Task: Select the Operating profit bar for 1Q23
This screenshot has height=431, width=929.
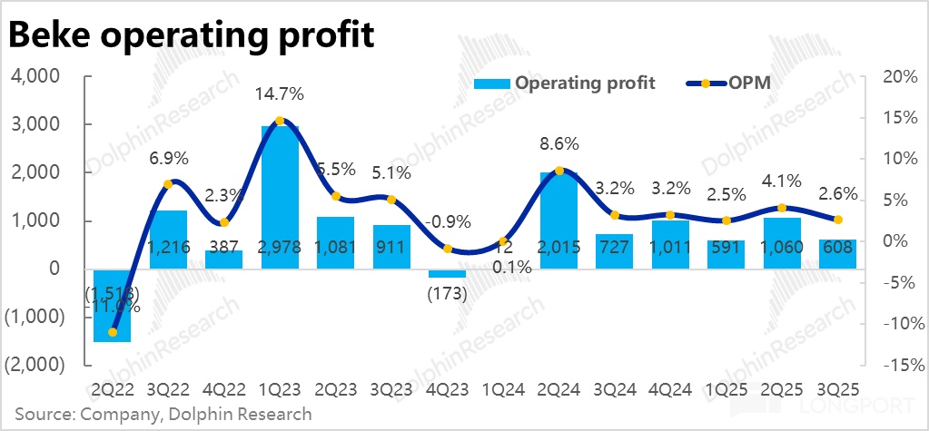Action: [x=280, y=195]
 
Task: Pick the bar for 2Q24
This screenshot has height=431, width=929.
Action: [x=558, y=218]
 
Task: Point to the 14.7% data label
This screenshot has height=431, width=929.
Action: [x=280, y=94]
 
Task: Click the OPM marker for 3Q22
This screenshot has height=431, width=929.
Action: [x=168, y=184]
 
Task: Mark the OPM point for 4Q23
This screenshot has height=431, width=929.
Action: [x=448, y=248]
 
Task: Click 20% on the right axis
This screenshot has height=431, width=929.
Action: [x=896, y=76]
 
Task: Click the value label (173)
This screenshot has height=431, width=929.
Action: [x=447, y=294]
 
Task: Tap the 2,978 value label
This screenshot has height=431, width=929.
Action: [x=280, y=247]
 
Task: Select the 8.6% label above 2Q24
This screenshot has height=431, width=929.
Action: [x=558, y=144]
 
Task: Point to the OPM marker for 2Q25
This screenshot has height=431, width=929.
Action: [x=782, y=208]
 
